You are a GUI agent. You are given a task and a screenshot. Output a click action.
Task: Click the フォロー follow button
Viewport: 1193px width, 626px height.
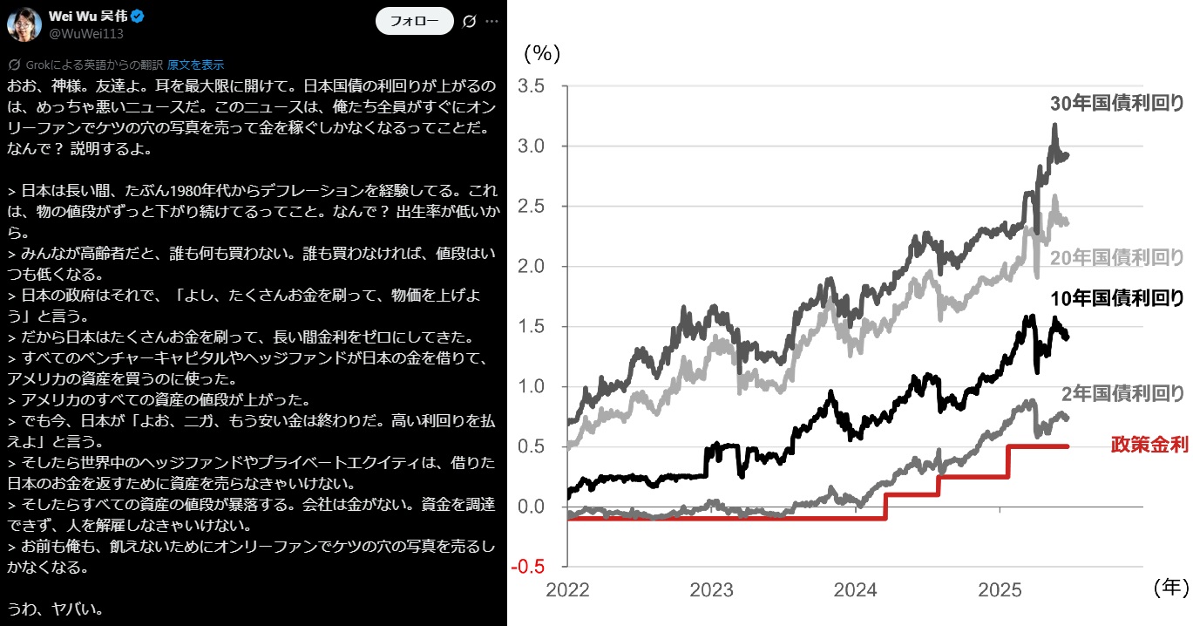(x=414, y=20)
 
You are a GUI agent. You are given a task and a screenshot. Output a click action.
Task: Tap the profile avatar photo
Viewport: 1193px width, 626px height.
(x=24, y=24)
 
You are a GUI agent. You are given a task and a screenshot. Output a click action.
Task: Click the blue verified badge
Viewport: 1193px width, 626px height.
(x=137, y=17)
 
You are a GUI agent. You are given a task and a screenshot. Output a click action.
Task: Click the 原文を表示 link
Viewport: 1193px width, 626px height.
(x=195, y=65)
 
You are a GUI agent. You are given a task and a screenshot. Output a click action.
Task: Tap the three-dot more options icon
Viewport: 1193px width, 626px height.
(x=492, y=20)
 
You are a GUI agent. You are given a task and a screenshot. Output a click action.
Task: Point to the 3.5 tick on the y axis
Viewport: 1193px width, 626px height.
(x=531, y=86)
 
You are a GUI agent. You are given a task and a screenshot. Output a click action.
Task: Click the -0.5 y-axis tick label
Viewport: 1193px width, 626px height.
(x=528, y=567)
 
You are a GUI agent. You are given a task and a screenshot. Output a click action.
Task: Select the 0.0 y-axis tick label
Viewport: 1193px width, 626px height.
(x=531, y=507)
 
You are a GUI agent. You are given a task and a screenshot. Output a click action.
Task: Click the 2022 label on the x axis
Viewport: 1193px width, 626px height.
(x=567, y=590)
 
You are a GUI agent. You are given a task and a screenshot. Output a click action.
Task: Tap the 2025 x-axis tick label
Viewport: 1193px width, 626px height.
(x=1000, y=590)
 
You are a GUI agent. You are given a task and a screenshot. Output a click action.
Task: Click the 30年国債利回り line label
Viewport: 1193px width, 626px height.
(x=1116, y=104)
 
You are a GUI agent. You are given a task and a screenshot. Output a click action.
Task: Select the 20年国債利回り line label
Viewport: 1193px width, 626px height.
(x=1116, y=257)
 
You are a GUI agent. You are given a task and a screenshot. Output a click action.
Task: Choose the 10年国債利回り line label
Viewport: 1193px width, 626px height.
(x=1116, y=298)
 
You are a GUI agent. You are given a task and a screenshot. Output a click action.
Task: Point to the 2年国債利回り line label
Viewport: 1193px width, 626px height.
(x=1122, y=392)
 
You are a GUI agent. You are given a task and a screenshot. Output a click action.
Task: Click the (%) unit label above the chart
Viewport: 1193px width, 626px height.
(x=541, y=53)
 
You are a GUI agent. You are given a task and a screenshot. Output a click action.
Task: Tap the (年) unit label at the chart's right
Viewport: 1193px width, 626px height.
(x=1169, y=588)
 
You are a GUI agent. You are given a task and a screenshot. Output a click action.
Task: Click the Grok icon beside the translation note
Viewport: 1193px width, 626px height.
(x=14, y=65)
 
